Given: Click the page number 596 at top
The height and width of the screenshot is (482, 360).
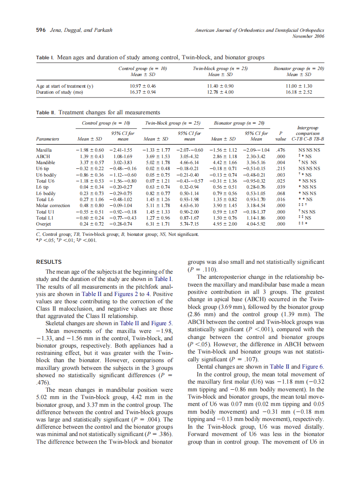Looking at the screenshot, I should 41,30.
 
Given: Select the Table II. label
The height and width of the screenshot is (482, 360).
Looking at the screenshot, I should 46,113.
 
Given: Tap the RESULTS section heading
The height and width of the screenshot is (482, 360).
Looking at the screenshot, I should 49,262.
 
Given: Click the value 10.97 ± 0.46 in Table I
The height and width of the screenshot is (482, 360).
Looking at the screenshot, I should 143,86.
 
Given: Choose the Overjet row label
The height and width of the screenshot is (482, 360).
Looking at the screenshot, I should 43,224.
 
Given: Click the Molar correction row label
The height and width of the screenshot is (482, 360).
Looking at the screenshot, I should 53,205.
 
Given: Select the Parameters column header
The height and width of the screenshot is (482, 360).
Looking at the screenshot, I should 48,139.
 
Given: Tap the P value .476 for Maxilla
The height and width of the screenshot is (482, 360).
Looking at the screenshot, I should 281,150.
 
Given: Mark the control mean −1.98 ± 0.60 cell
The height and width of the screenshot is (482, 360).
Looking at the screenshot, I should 89,150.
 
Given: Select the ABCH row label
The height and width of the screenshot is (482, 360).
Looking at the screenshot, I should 43,156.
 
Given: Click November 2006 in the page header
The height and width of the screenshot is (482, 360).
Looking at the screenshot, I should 308,36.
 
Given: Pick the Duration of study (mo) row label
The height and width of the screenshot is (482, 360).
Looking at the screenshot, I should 60,92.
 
